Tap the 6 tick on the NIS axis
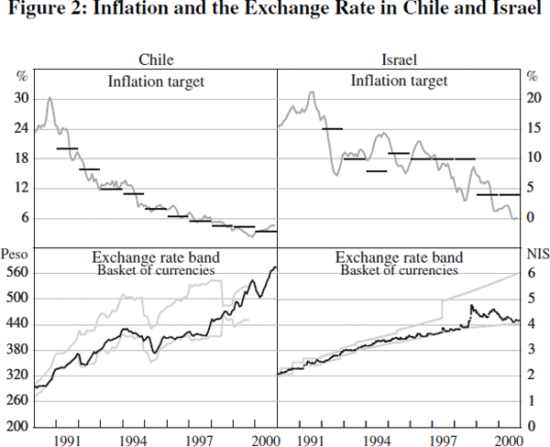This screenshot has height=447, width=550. [528, 273]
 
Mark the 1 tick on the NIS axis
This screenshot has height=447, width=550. [528, 401]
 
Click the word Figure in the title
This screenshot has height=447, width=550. [33, 12]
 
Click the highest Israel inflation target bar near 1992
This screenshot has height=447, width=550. [333, 129]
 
